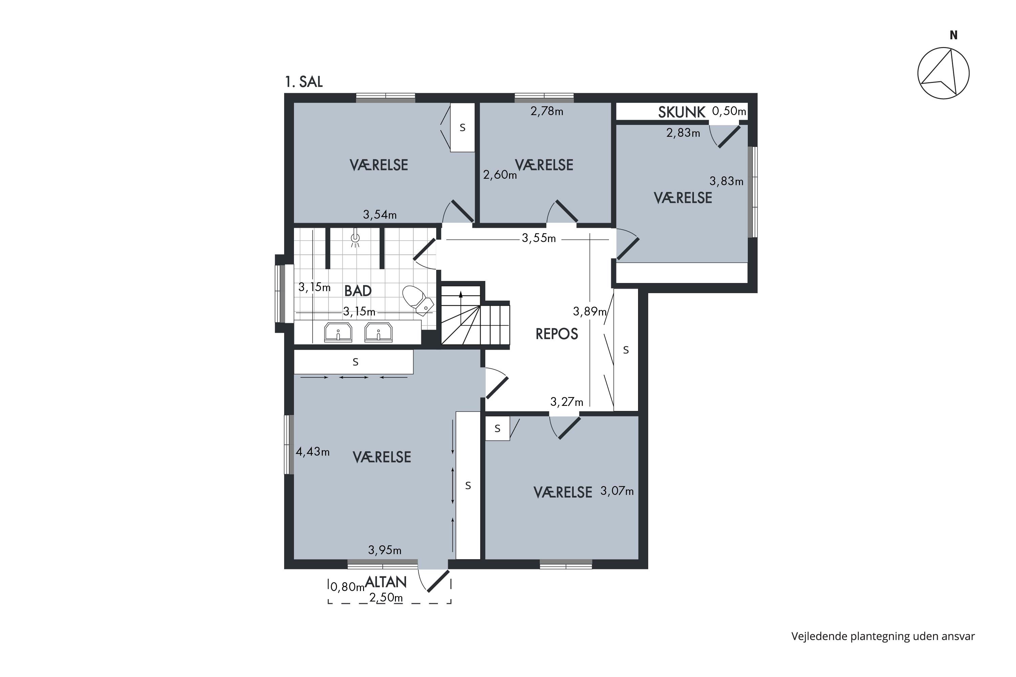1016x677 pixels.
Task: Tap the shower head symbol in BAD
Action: tap(355, 239)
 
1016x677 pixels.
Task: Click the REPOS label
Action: tap(556, 334)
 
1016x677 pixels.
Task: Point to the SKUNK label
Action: tap(682, 112)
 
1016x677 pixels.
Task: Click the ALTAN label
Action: tap(386, 582)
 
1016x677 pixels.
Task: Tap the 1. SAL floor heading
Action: tap(304, 82)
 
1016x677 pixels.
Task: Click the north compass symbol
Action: tap(944, 73)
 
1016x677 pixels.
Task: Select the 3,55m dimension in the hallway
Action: tap(539, 238)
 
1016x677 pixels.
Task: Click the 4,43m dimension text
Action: tap(312, 452)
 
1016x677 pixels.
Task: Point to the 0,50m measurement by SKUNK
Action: tap(729, 111)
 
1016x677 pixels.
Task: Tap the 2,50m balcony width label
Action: tap(386, 597)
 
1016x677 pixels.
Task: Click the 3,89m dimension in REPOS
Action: tap(590, 311)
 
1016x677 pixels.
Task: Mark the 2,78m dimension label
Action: tap(547, 111)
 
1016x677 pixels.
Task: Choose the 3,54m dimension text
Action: tap(380, 215)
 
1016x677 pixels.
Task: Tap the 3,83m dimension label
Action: tap(726, 181)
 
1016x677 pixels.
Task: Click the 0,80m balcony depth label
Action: tap(347, 587)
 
